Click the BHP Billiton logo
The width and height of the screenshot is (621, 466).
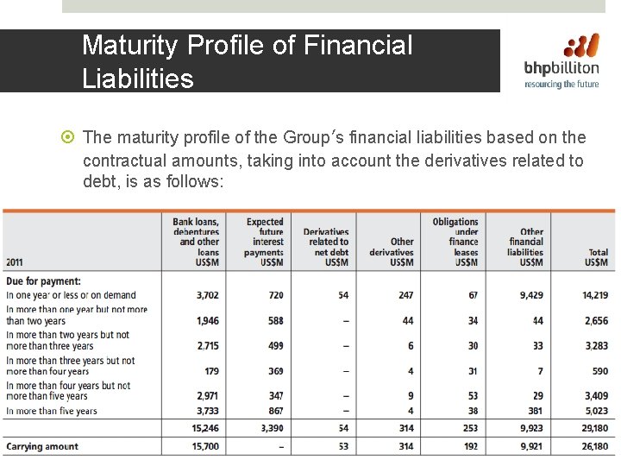[x=563, y=60]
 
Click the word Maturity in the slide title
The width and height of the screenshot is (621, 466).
[x=130, y=45]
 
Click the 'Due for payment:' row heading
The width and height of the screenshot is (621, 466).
[x=43, y=281]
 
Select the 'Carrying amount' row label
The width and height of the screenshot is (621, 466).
[x=42, y=447]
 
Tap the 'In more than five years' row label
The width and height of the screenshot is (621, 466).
[x=52, y=412]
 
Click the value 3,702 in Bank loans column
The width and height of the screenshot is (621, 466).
[x=208, y=295]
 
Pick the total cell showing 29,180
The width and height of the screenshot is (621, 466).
[x=594, y=428]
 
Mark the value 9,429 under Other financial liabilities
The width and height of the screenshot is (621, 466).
[x=531, y=295]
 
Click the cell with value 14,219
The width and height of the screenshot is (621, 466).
[x=594, y=295]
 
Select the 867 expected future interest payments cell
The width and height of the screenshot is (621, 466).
[x=275, y=412]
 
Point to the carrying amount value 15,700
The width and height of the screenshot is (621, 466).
[x=207, y=447]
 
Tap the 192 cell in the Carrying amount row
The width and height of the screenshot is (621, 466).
[x=469, y=447]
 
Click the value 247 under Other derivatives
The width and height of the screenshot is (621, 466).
[x=405, y=295]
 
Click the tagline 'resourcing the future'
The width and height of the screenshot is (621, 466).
[x=562, y=85]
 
